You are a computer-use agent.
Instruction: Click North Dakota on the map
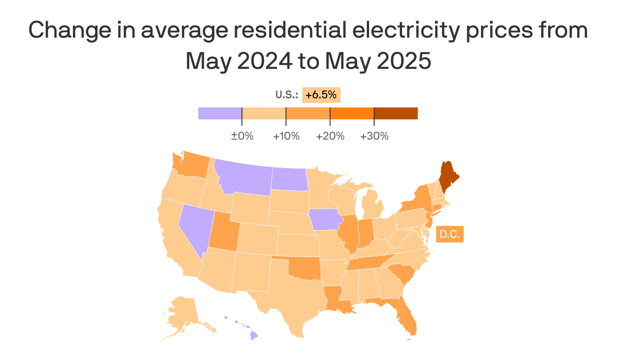290,179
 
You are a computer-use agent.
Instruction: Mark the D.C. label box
449,234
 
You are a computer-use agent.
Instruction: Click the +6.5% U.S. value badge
321,95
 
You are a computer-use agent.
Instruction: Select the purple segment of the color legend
220,113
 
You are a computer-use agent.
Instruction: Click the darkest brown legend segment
396,113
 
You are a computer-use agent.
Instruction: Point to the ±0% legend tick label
242,136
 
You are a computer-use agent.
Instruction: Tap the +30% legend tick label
374,136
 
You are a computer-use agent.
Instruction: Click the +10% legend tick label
286,136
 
